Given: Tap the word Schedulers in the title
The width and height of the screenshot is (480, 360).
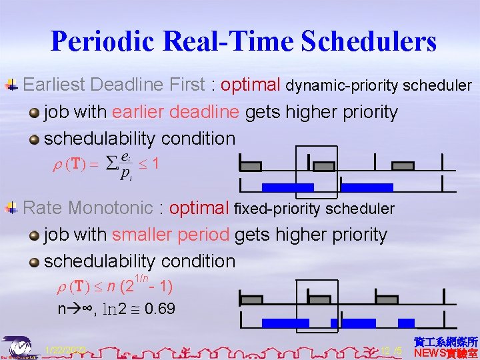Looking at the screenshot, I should [x=369, y=41].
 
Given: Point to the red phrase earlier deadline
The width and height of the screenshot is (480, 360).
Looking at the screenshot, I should [x=176, y=111].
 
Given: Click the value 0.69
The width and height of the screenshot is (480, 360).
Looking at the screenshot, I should [x=159, y=309].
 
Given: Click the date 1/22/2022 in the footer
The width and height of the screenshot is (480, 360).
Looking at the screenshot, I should [x=65, y=350].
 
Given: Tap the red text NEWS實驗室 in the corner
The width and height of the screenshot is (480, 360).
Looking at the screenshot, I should [x=446, y=353].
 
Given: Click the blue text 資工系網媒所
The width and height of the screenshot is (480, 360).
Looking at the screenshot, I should [x=446, y=341].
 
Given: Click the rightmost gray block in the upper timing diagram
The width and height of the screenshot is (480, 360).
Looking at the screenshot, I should [x=404, y=165].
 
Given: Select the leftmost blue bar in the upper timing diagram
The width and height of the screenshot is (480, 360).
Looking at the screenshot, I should [x=287, y=187].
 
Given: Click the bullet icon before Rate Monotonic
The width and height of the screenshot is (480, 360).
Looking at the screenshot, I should [x=11, y=208].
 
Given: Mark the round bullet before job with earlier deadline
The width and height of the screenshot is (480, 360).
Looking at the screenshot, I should [x=34, y=112].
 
